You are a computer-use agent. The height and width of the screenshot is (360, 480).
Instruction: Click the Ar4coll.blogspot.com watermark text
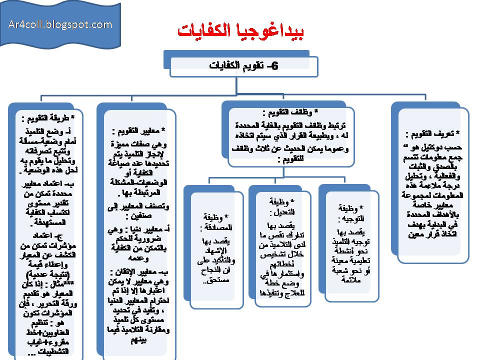click(x=60, y=24)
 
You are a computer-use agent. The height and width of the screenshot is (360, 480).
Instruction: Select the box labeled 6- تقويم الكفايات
click(x=243, y=66)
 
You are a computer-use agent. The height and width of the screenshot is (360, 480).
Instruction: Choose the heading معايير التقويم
click(x=136, y=131)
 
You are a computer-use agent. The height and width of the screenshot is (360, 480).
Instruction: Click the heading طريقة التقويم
click(x=44, y=118)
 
